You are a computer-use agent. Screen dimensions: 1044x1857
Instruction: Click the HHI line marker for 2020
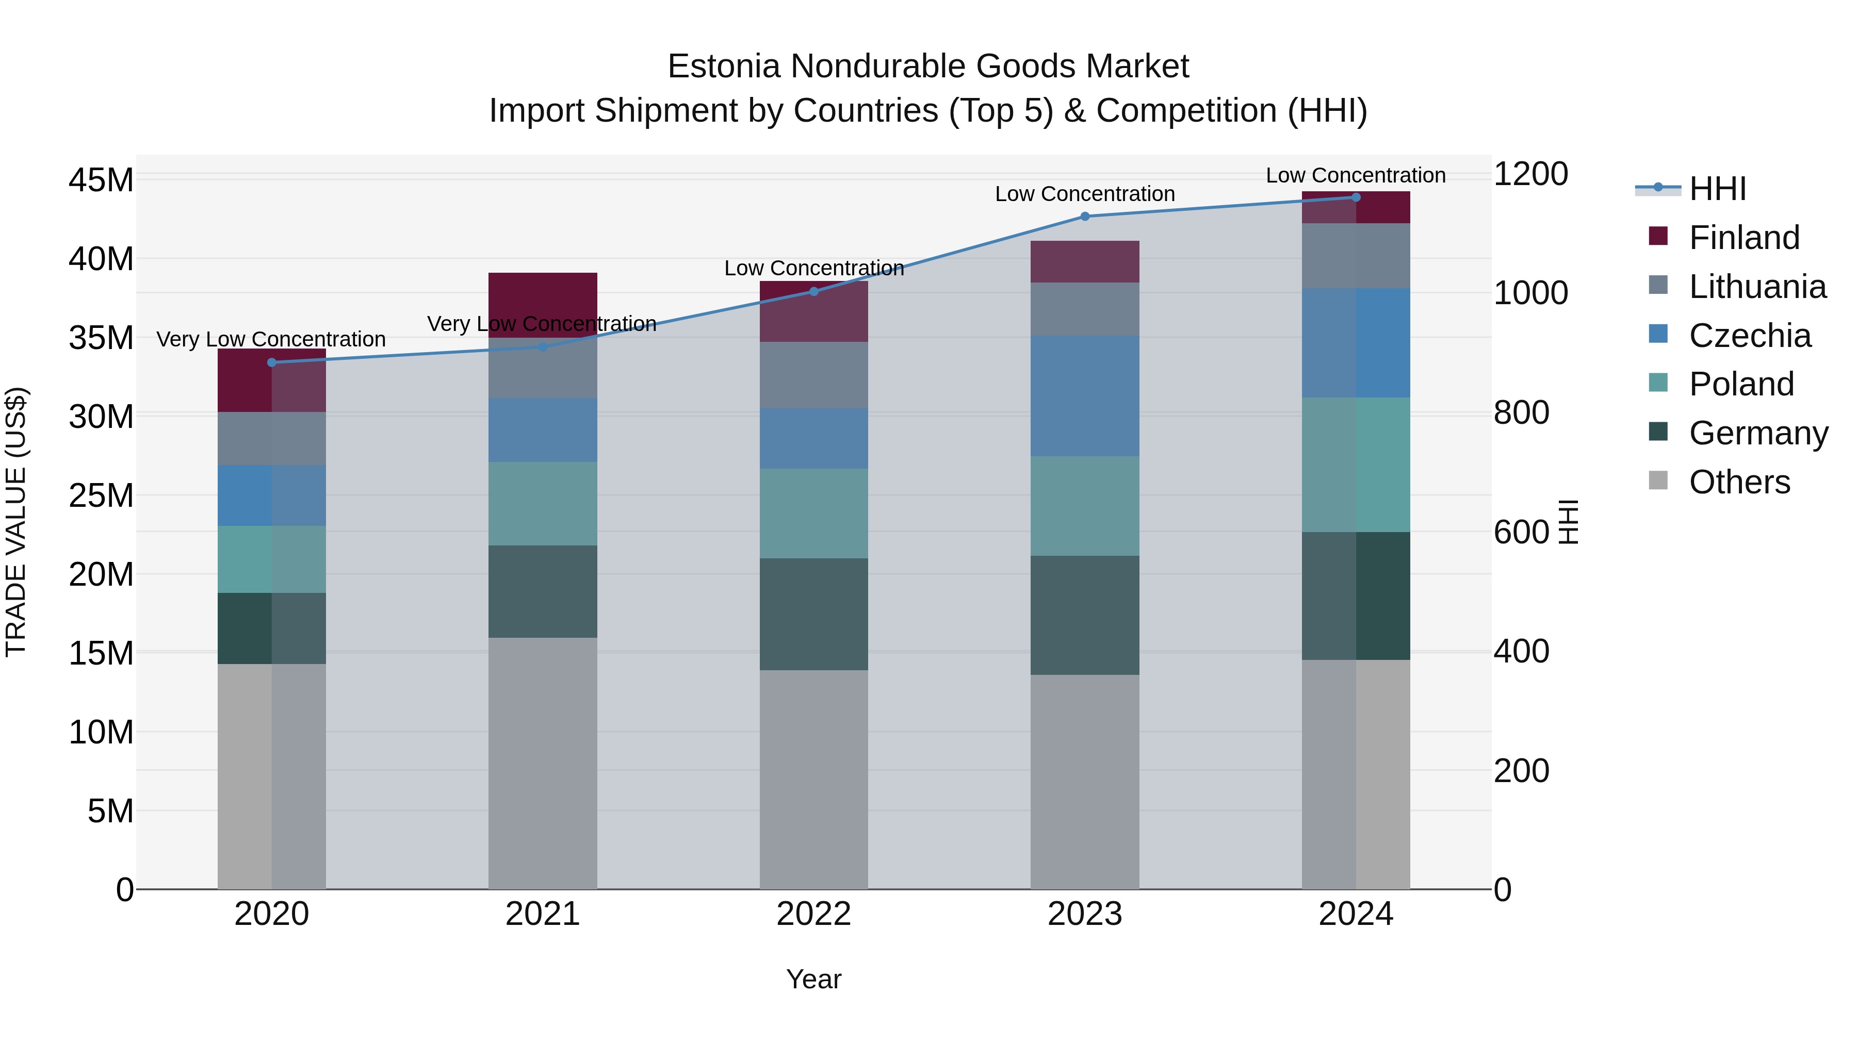point(272,362)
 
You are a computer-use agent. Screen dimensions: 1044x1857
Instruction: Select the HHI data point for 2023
point(1085,216)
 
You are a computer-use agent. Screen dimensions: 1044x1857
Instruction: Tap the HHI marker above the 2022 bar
point(814,292)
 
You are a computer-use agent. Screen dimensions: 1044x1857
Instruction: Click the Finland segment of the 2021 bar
point(543,305)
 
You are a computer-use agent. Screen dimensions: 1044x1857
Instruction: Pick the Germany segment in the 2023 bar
point(1085,615)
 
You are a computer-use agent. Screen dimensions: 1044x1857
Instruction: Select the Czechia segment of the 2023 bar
point(1085,395)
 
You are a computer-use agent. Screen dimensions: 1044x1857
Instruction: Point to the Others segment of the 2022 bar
point(814,779)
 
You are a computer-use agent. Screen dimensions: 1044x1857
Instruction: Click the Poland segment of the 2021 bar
point(543,504)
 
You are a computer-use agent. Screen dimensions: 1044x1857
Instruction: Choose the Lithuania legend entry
point(1757,287)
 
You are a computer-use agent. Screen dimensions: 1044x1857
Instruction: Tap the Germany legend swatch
point(1658,433)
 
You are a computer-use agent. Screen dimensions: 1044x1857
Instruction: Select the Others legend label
point(1739,482)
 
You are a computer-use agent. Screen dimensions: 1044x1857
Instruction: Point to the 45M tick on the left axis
point(101,180)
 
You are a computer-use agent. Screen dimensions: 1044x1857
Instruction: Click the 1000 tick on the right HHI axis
point(1530,293)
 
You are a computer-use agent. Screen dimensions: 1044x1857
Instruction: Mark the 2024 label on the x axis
point(1355,914)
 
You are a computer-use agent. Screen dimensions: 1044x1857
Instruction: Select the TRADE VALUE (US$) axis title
point(16,522)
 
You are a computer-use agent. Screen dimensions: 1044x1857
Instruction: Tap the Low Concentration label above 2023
point(1085,194)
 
